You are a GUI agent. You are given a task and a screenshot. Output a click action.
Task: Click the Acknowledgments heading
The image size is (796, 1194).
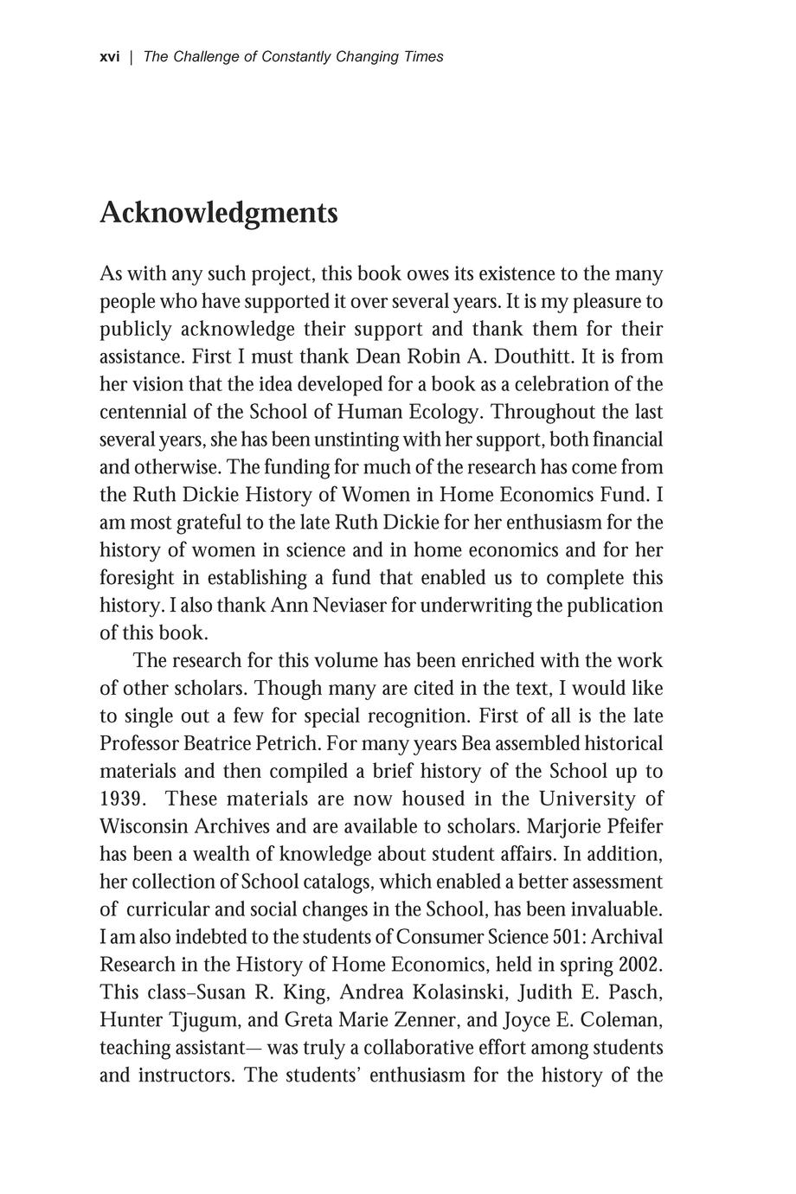[218, 213]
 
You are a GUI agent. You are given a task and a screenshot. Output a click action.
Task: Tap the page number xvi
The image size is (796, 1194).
[109, 57]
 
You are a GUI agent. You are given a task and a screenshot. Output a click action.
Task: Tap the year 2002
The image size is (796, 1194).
[641, 966]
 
